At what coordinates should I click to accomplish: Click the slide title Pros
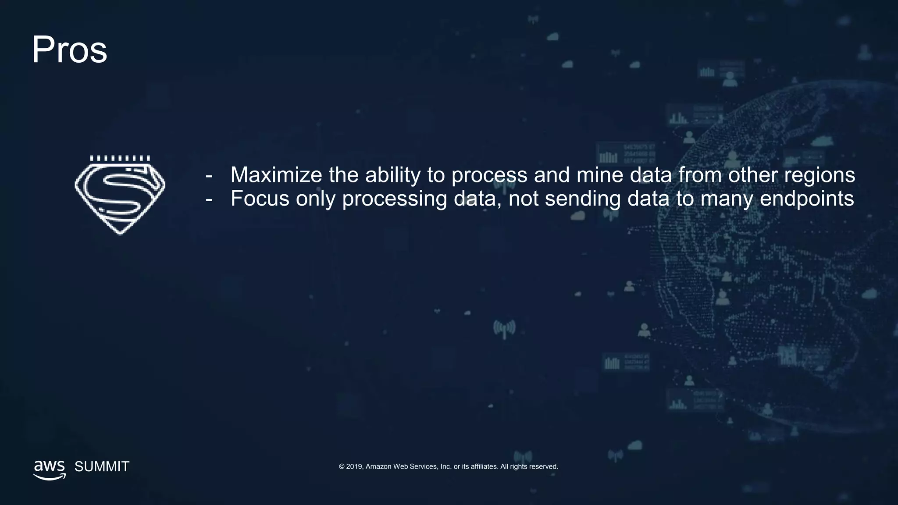pos(69,50)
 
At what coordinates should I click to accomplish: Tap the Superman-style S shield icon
pos(120,195)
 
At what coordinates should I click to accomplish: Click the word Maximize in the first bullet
pos(276,175)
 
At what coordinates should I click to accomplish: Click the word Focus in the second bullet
pos(260,199)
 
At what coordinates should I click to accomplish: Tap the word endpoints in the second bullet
pos(807,199)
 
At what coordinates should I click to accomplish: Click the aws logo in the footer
pos(50,469)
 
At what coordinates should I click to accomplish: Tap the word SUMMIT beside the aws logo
pos(102,466)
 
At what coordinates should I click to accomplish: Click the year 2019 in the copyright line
pos(354,466)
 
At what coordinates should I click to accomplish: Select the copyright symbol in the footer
pos(342,466)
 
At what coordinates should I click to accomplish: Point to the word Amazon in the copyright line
pos(378,466)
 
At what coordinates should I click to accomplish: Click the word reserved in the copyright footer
pos(544,466)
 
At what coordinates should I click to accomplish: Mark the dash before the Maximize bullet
pos(209,176)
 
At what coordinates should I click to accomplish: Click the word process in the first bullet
pos(489,176)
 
